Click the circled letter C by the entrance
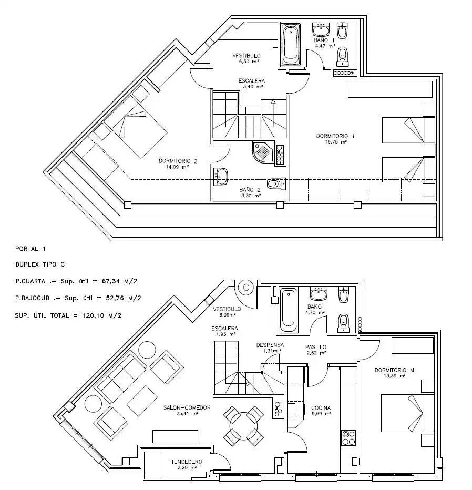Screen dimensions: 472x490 tap(246, 287)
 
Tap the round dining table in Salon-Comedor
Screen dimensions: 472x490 tap(244, 426)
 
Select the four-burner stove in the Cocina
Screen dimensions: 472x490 tap(348, 437)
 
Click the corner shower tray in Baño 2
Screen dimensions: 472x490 tap(263, 152)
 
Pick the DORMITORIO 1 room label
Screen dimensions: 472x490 tap(335, 136)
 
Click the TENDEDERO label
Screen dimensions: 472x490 tap(187, 462)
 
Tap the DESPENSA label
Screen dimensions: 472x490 tap(270, 345)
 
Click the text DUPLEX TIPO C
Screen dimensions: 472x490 tap(40, 264)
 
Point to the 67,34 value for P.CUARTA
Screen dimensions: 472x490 tap(111, 281)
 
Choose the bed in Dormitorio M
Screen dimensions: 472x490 tap(407, 413)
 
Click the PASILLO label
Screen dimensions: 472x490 tap(315, 347)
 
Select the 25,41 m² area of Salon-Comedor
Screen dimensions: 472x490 tap(187, 413)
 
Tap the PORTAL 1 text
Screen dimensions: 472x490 tap(30, 249)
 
